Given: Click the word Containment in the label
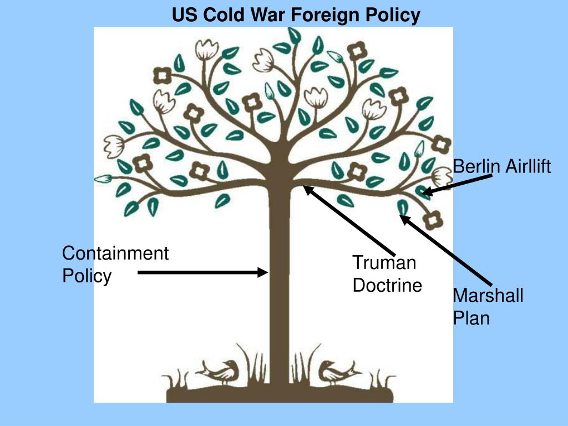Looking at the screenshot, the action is tap(115, 253).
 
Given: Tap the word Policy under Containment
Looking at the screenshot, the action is tap(87, 276).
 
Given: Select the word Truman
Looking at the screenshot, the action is tap(384, 262).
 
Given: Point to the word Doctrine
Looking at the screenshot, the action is tap(387, 285).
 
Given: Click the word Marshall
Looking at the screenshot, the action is tap(488, 295).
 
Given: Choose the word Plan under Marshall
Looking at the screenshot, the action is tap(471, 318).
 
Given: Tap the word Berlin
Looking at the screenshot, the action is tap(477, 166).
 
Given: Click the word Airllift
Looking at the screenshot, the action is tap(528, 166).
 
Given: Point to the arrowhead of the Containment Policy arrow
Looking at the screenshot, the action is tap(262, 272).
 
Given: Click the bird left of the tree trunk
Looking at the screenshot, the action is tap(219, 372).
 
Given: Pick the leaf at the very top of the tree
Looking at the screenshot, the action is tap(295, 36).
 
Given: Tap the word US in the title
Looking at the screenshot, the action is tap(185, 15).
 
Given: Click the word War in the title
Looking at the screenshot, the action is tap(268, 15).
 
